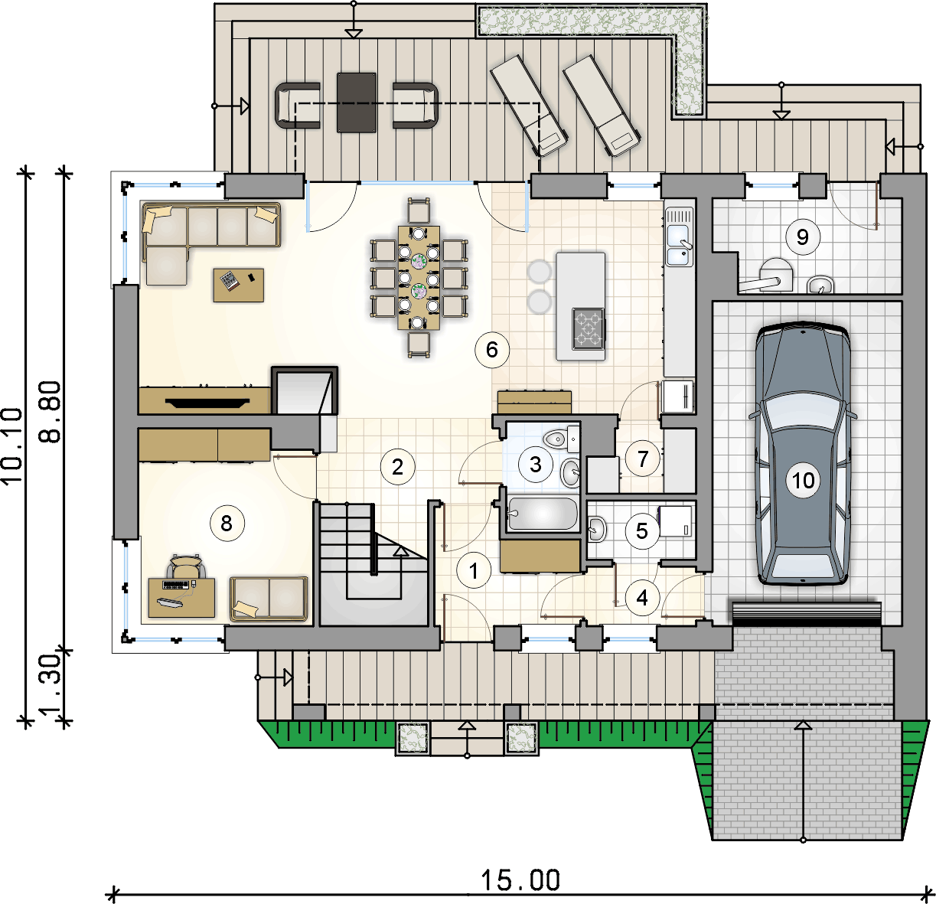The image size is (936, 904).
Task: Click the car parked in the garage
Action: pyautogui.click(x=802, y=452)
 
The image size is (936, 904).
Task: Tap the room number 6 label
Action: pyautogui.click(x=491, y=350)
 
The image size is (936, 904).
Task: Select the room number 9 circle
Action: pyautogui.click(x=802, y=237)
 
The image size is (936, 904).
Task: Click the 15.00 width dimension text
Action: pyautogui.click(x=520, y=880)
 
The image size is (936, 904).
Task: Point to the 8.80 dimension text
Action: pyautogui.click(x=50, y=412)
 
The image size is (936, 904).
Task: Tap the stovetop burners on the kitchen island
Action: pyautogui.click(x=588, y=328)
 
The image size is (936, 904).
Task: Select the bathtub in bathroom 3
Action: pyautogui.click(x=543, y=514)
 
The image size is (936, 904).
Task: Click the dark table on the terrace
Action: pyautogui.click(x=356, y=103)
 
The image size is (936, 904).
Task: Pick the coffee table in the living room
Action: pyautogui.click(x=238, y=286)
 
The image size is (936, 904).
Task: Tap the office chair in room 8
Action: pyautogui.click(x=186, y=566)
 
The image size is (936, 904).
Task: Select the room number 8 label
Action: pyautogui.click(x=227, y=524)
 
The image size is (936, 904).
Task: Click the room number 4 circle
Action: pyautogui.click(x=641, y=599)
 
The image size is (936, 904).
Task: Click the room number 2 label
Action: pyautogui.click(x=397, y=467)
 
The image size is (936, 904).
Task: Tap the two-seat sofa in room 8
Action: pyautogui.click(x=269, y=598)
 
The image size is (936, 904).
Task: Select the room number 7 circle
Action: pyautogui.click(x=643, y=459)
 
